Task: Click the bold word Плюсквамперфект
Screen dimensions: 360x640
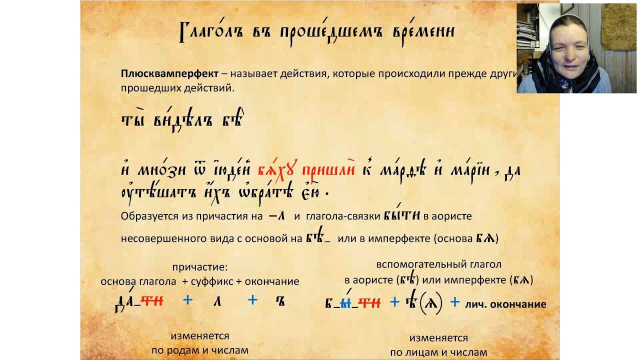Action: tap(169, 74)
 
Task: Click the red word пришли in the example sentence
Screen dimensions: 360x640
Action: tap(328, 170)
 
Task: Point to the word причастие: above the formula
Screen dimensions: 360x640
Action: tap(199, 267)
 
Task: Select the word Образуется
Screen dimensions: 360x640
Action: tap(146, 216)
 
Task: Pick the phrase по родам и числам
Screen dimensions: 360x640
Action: tap(200, 350)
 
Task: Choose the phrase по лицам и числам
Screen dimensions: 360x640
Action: tap(438, 352)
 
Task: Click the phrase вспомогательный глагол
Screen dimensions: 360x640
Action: tap(438, 264)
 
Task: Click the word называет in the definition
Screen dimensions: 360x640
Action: tap(252, 74)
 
